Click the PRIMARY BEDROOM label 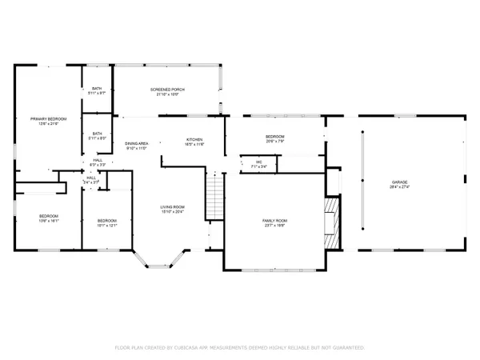click(49, 118)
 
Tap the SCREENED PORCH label click(168, 90)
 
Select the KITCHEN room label click(195, 139)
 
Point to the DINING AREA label click(137, 143)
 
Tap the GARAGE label click(399, 182)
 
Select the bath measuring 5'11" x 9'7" click(97, 89)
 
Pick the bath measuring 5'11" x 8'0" click(97, 134)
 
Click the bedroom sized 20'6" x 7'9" click(275, 137)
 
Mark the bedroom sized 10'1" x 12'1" click(107, 221)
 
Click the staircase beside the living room click(214, 196)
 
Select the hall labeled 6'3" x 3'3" click(98, 160)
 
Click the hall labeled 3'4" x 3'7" click(91, 178)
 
